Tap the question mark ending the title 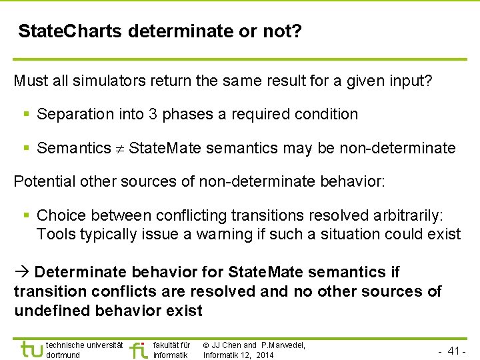pos(296,31)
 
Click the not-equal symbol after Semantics pos(120,149)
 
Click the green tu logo pos(31,349)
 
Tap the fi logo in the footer pos(138,349)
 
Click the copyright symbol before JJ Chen pos(207,345)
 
